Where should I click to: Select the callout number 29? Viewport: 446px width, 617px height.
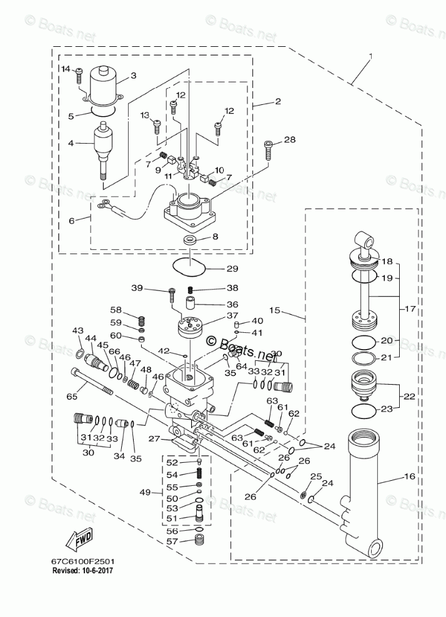[x=215, y=269]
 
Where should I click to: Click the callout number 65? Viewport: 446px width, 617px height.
[x=71, y=397]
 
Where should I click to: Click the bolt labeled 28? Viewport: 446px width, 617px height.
[x=269, y=151]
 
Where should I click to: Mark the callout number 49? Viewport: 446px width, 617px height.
[x=146, y=493]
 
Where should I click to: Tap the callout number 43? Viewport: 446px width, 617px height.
[x=77, y=330]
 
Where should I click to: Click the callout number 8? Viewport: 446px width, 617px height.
[x=215, y=237]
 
